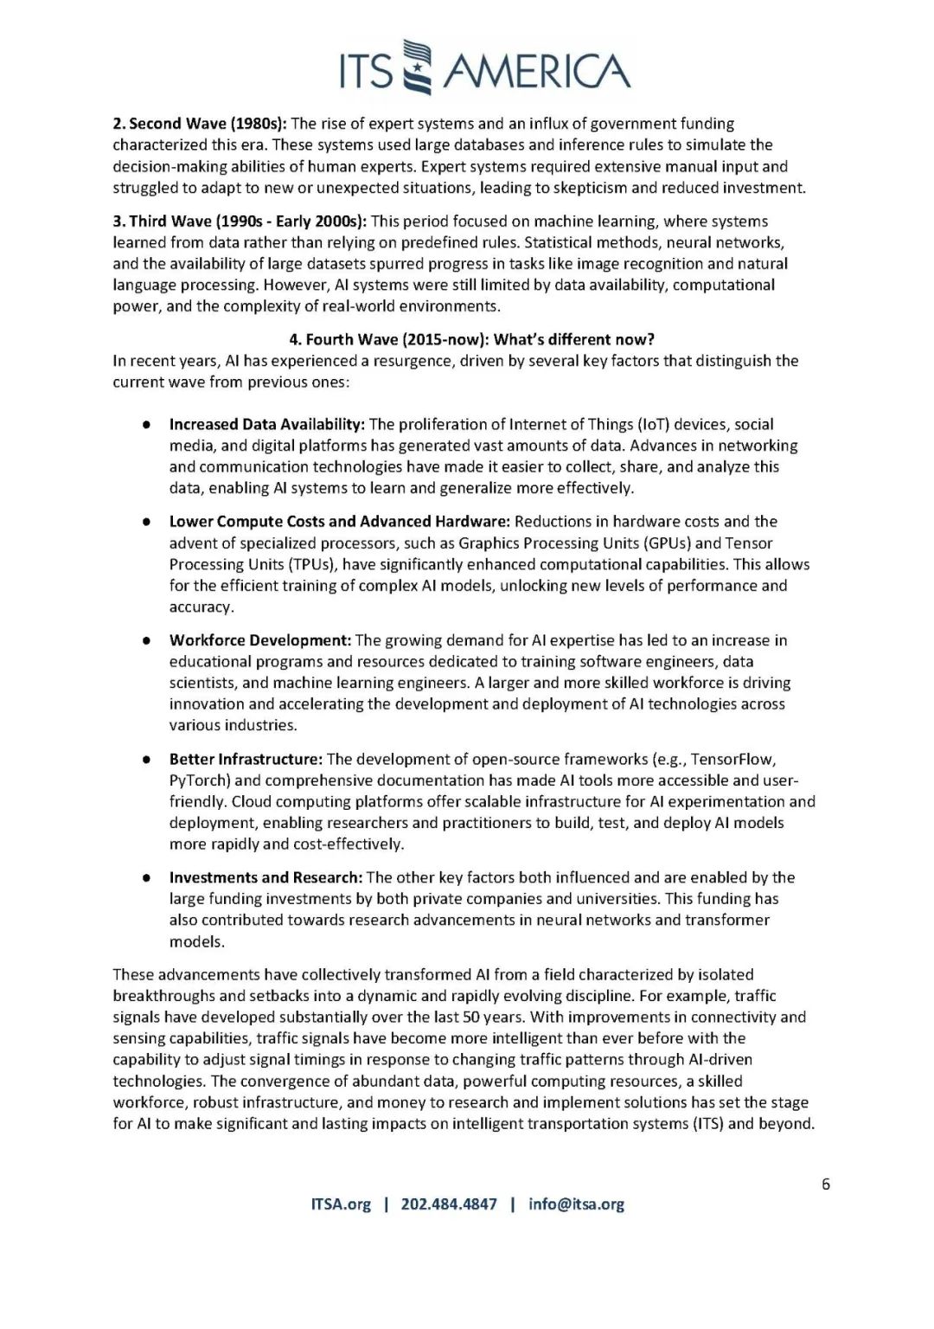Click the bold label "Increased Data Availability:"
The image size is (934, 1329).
267,425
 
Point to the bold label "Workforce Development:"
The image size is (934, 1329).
259,640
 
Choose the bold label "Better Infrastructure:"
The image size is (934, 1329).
246,760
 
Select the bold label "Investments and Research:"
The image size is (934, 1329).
265,877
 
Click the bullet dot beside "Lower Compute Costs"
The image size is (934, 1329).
149,523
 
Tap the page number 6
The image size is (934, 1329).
826,1185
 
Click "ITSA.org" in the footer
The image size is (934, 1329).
340,1204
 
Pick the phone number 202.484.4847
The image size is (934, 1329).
449,1204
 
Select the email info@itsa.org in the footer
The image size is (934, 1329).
576,1204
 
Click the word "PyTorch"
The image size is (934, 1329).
198,780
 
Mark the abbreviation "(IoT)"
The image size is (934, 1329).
652,425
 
